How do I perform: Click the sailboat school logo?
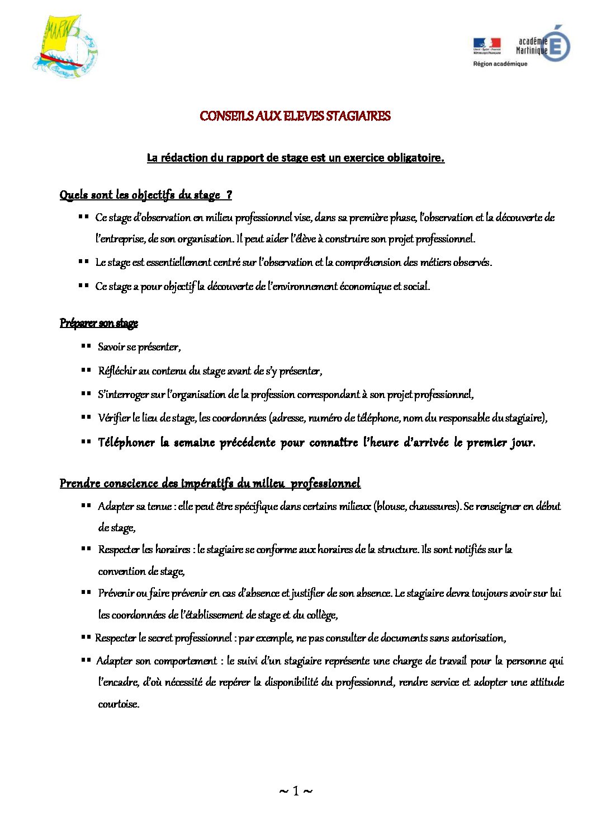(64, 46)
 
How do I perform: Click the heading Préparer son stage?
(99, 323)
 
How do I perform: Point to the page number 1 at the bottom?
(296, 790)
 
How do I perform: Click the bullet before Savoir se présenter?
(86, 347)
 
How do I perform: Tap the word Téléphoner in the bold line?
(126, 442)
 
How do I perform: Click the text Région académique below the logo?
(500, 64)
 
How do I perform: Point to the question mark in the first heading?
(229, 195)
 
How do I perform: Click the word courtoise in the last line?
(119, 704)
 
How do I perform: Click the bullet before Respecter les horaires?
(86, 549)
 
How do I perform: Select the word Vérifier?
(114, 418)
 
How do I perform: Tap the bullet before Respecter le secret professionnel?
(86, 638)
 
